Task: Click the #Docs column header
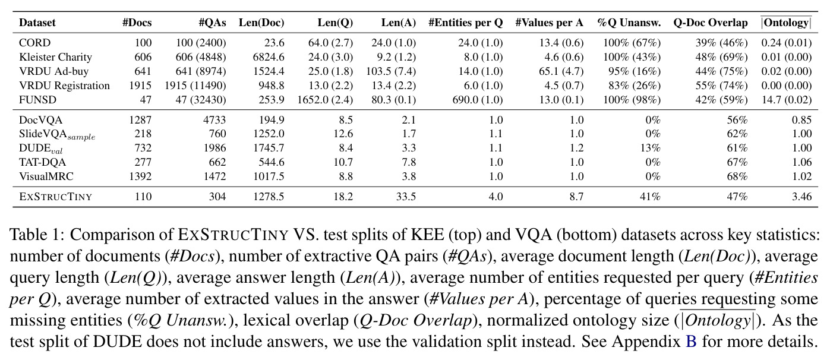(x=137, y=23)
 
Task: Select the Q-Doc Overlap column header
(x=711, y=23)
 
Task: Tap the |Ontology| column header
(x=786, y=23)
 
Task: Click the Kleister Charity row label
(x=56, y=57)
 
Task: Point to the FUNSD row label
(x=38, y=100)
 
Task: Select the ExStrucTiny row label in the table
(x=56, y=196)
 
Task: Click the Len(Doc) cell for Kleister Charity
(x=269, y=57)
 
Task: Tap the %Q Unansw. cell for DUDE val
(x=651, y=148)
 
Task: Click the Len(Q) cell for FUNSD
(x=325, y=100)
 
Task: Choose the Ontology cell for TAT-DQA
(x=802, y=162)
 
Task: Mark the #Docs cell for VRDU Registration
(x=140, y=86)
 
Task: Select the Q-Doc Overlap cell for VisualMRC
(x=737, y=176)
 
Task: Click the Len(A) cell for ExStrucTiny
(x=406, y=196)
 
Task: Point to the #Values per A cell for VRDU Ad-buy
(x=561, y=71)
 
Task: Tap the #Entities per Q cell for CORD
(x=480, y=43)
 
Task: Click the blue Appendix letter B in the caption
(x=691, y=341)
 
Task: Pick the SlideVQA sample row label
(x=57, y=134)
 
